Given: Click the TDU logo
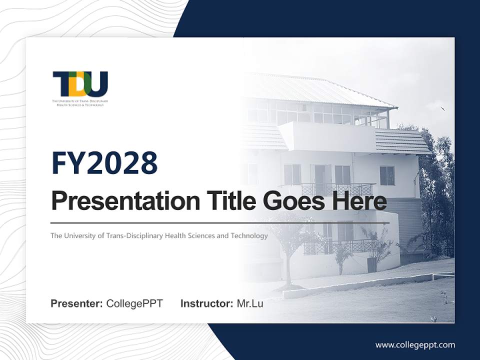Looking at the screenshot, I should pos(80,85).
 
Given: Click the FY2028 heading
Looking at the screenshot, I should pos(104,163).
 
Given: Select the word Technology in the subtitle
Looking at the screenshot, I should pos(249,235).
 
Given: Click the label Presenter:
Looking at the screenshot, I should pos(77,303).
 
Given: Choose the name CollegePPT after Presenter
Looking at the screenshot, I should pos(134,303).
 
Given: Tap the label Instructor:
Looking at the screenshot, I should pos(206,303).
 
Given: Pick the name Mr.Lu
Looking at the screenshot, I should pos(250,303).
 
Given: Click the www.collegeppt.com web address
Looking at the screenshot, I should pos(415,344).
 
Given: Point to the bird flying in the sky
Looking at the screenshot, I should pos(442,108).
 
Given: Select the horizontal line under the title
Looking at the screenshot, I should pos(220,223).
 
